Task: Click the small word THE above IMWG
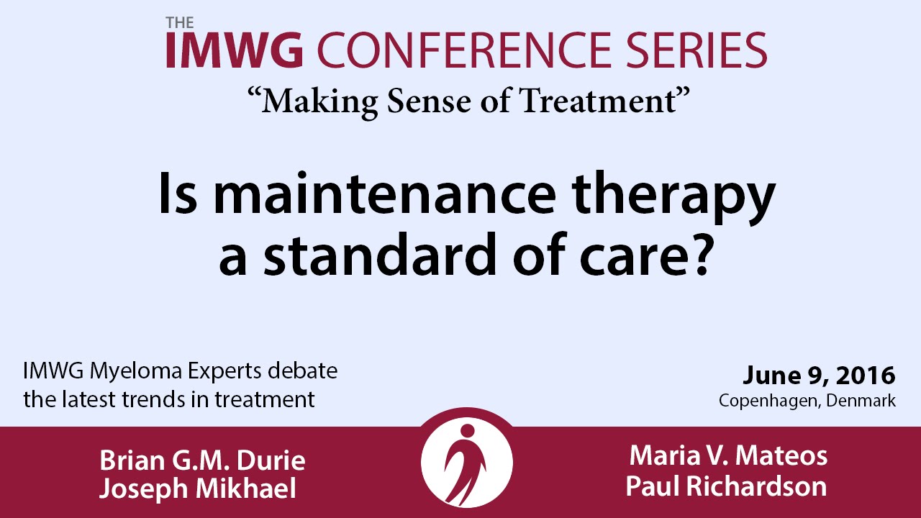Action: point(180,23)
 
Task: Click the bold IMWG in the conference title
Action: point(235,50)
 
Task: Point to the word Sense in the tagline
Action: point(429,101)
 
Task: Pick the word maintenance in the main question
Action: point(385,194)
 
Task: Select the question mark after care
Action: point(697,255)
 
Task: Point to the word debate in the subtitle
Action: point(303,371)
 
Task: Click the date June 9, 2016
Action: point(819,376)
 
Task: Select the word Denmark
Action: point(861,401)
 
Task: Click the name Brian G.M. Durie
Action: point(203,460)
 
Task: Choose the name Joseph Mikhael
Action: point(198,489)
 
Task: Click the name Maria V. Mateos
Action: point(729,456)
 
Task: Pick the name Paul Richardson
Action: point(727,486)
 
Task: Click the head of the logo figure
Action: point(468,431)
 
